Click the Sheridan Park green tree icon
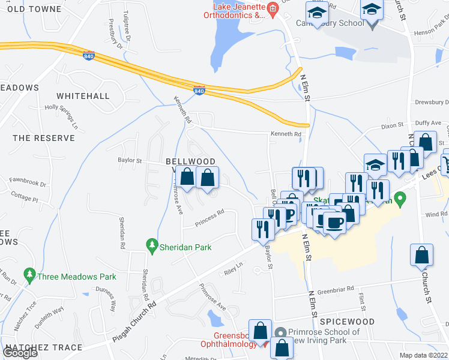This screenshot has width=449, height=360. pos(152,246)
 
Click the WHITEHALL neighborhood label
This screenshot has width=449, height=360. pos(83,96)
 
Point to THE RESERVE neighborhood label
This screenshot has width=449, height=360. pos(44,138)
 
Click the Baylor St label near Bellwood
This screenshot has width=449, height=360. pos(129,161)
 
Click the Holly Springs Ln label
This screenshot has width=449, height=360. pos(62,116)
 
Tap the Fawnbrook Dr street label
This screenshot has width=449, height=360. pos(28,180)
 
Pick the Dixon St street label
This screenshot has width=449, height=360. pos(393,127)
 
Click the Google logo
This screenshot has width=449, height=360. pos(20,353)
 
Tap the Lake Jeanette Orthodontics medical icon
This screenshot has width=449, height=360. pos(272,8)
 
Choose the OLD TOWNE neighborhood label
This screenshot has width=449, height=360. pos(34,9)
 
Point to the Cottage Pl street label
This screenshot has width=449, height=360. pos(24,199)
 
